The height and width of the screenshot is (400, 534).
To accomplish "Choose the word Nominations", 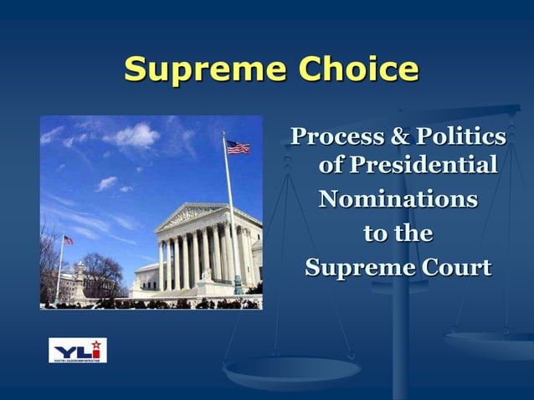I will coord(398,200).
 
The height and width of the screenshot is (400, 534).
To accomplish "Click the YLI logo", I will coord(78,350).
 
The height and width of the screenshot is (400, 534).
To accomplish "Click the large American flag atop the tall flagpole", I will coord(238,147).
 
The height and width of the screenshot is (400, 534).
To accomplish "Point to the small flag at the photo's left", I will coord(68,240).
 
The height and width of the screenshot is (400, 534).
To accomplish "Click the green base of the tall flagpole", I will coord(238,288).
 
